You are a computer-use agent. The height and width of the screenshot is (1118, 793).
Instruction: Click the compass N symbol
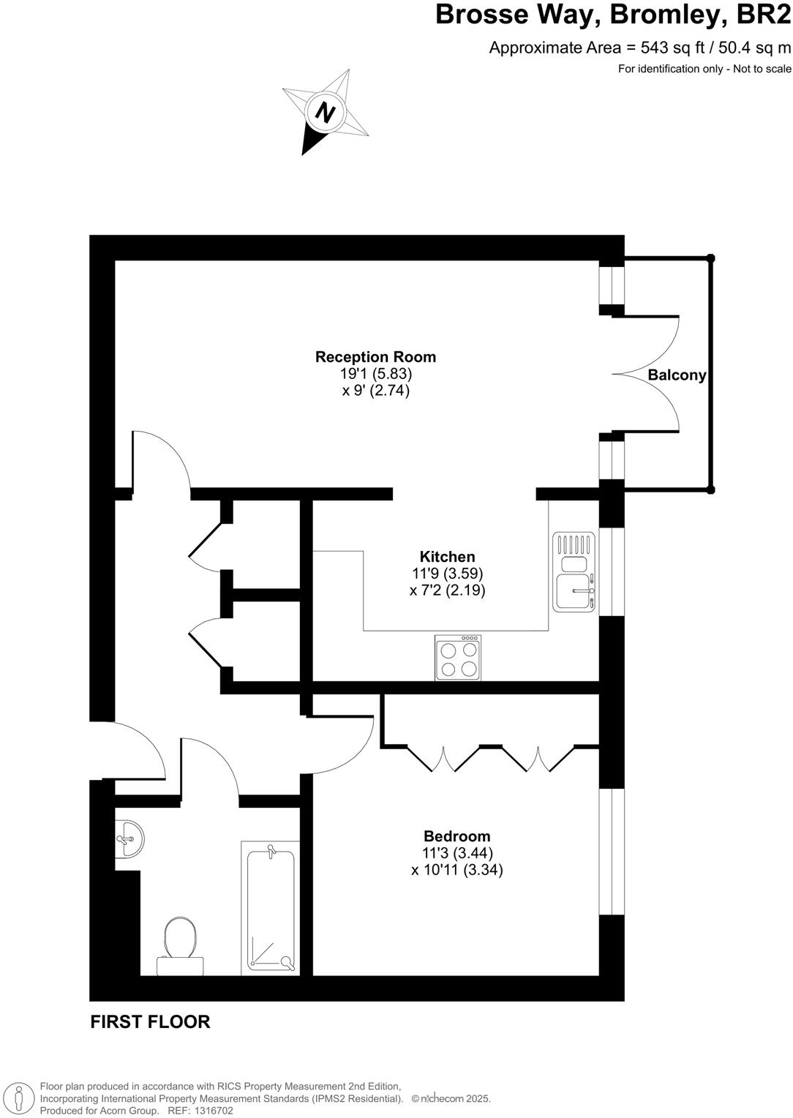click(325, 113)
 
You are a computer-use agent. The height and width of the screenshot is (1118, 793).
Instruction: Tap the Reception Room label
click(375, 357)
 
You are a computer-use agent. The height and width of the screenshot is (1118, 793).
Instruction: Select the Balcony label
click(677, 375)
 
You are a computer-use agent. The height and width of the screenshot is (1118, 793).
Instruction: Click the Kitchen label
click(447, 557)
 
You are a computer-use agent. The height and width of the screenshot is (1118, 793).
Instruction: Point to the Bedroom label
click(457, 836)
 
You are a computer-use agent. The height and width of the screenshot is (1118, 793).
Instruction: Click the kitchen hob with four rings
click(458, 658)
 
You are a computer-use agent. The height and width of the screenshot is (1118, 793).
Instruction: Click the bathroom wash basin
click(129, 838)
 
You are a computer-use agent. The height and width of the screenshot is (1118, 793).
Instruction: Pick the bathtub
click(271, 908)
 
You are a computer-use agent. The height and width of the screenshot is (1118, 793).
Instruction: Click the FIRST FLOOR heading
click(150, 1022)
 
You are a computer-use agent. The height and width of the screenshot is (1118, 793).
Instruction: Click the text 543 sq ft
click(672, 48)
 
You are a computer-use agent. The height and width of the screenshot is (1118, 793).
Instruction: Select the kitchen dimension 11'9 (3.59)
click(448, 574)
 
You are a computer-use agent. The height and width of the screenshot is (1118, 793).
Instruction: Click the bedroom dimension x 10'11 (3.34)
click(457, 870)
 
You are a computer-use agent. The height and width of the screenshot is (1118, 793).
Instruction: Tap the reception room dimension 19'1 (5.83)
click(376, 373)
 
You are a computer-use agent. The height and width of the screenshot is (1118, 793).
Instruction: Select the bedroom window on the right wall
click(612, 852)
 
